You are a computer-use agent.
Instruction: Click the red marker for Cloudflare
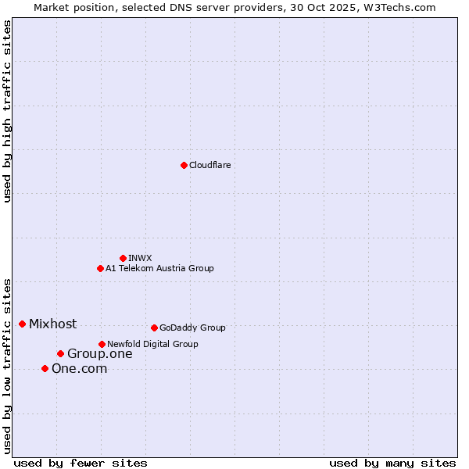click(x=184, y=165)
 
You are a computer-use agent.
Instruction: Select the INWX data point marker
click(x=123, y=258)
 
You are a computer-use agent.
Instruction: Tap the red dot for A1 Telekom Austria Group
click(x=100, y=268)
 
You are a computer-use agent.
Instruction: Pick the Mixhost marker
click(x=22, y=324)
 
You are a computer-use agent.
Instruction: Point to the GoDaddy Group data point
click(x=154, y=328)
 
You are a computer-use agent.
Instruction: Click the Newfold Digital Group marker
click(x=102, y=344)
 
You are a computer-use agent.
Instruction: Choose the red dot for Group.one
click(x=60, y=353)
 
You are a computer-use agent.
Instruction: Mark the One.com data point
click(x=45, y=368)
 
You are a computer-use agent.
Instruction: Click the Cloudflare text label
click(x=209, y=165)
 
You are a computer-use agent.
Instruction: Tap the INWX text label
click(x=140, y=258)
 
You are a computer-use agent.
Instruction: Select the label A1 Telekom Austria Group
click(x=159, y=268)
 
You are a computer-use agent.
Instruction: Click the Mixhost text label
click(x=52, y=324)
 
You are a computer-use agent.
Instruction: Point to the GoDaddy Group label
click(x=192, y=328)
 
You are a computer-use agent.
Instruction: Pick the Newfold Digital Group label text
click(x=152, y=344)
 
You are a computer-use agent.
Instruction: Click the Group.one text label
click(x=99, y=353)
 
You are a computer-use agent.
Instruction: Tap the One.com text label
click(x=79, y=368)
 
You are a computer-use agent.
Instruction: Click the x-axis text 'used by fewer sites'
click(x=81, y=463)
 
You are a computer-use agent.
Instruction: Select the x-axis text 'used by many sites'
click(x=392, y=463)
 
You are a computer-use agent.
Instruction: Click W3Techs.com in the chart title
click(x=403, y=7)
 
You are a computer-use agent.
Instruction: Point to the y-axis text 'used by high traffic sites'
click(x=7, y=112)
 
